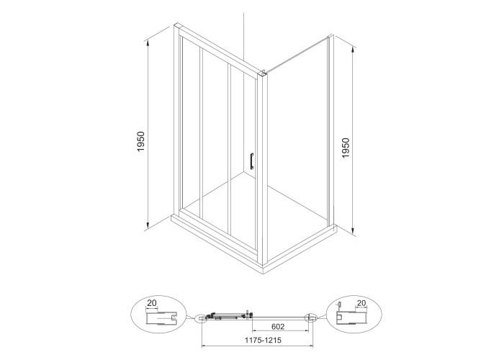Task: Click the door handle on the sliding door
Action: (x=252, y=161)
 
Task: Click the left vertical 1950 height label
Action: (x=141, y=141)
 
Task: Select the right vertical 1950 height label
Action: (x=346, y=148)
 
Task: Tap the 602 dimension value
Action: (x=278, y=327)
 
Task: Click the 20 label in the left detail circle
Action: (x=152, y=303)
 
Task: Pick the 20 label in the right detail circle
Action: (x=361, y=303)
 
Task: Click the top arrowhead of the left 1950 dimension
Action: (x=148, y=42)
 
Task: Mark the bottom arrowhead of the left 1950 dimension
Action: (x=148, y=225)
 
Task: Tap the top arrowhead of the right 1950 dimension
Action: (x=354, y=50)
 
